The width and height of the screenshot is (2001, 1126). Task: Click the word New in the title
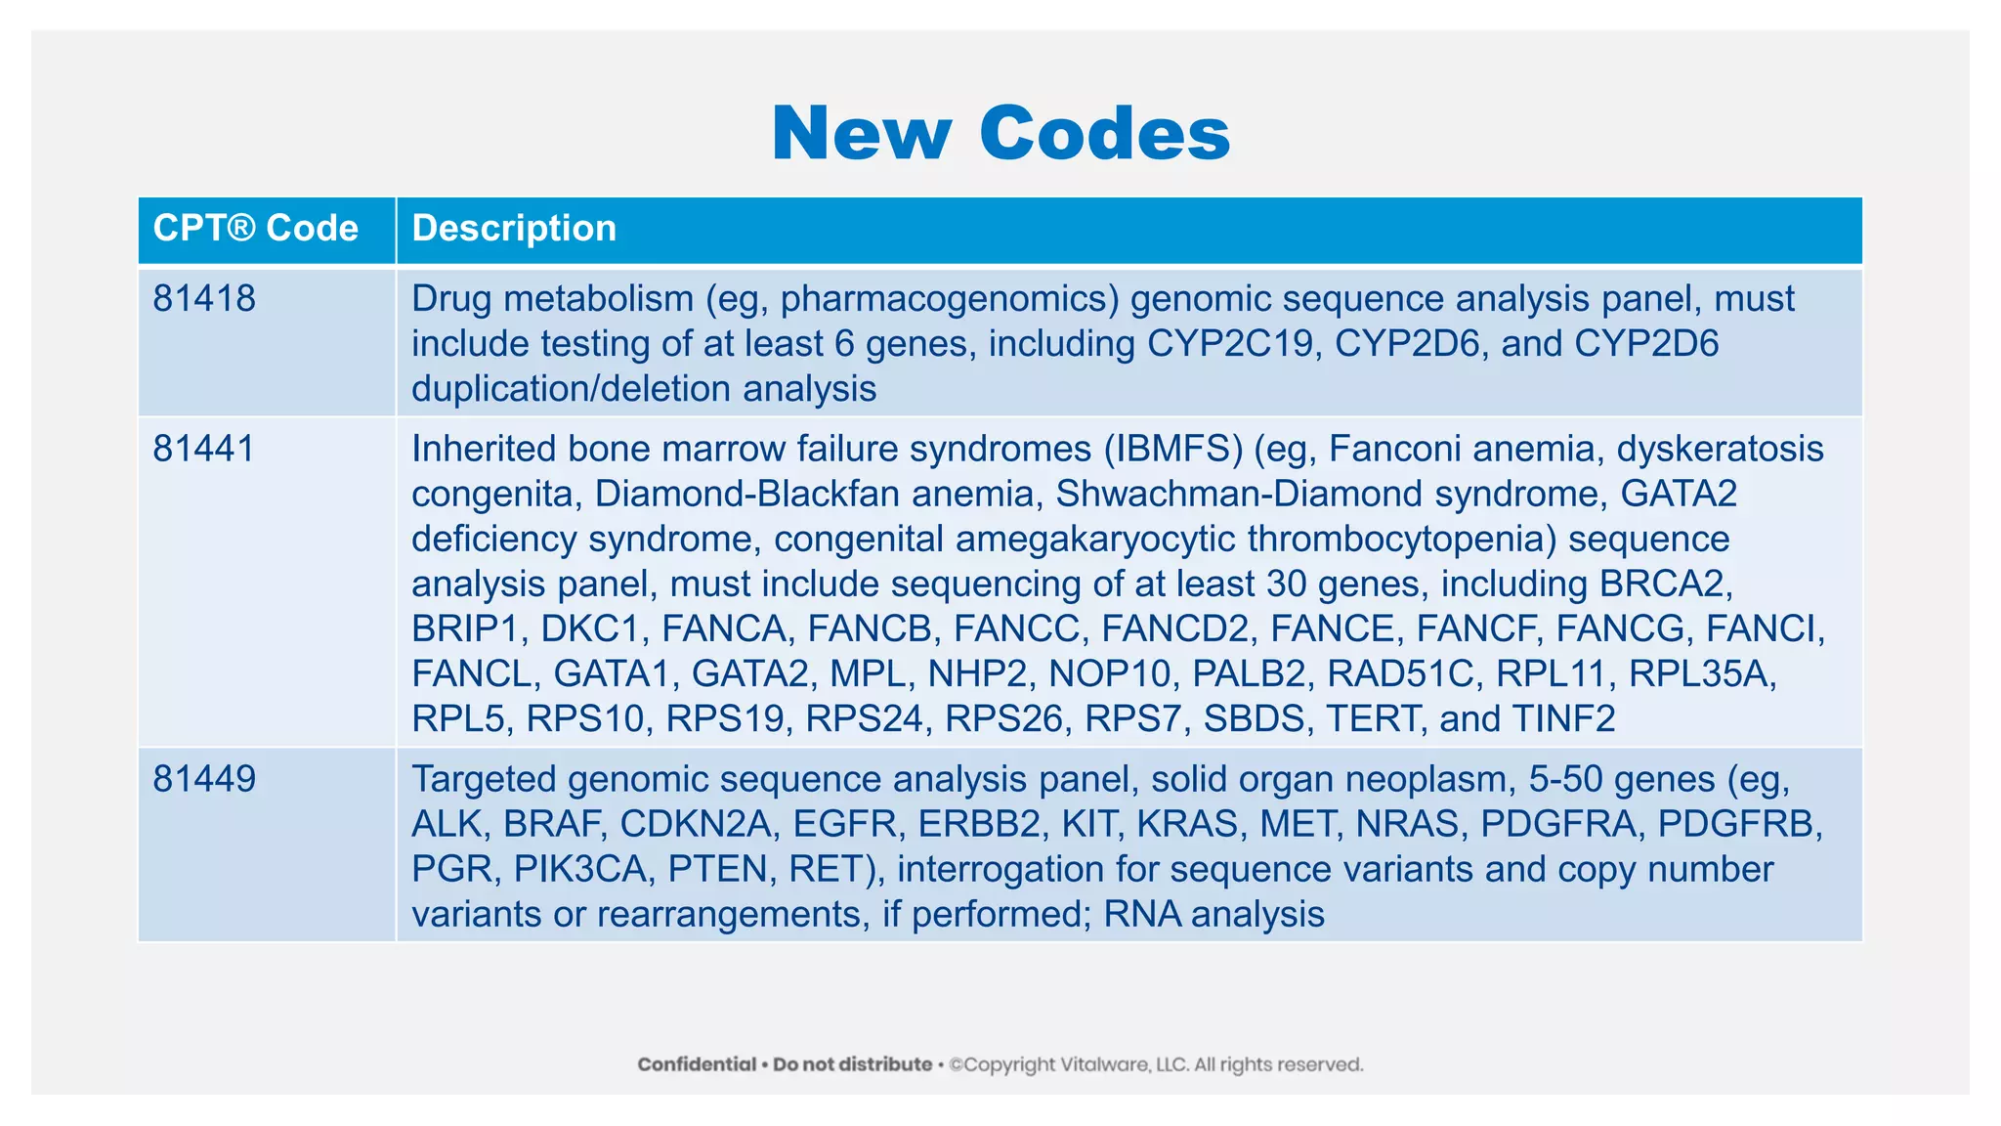pyautogui.click(x=861, y=133)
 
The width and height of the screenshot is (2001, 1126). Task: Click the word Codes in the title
pyautogui.click(x=1104, y=133)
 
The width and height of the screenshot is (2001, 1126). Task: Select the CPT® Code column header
pyautogui.click(x=256, y=229)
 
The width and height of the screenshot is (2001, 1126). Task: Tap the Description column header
pyautogui.click(x=514, y=229)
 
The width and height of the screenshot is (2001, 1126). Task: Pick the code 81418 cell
pyautogui.click(x=204, y=299)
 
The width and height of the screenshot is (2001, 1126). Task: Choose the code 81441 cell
pyautogui.click(x=204, y=449)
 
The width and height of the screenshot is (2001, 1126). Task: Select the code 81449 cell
pyautogui.click(x=204, y=779)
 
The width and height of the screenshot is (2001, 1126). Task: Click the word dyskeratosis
pyautogui.click(x=1720, y=449)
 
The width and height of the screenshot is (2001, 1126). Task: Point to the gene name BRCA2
pyautogui.click(x=1665, y=584)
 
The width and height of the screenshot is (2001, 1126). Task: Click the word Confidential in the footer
pyautogui.click(x=697, y=1064)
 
